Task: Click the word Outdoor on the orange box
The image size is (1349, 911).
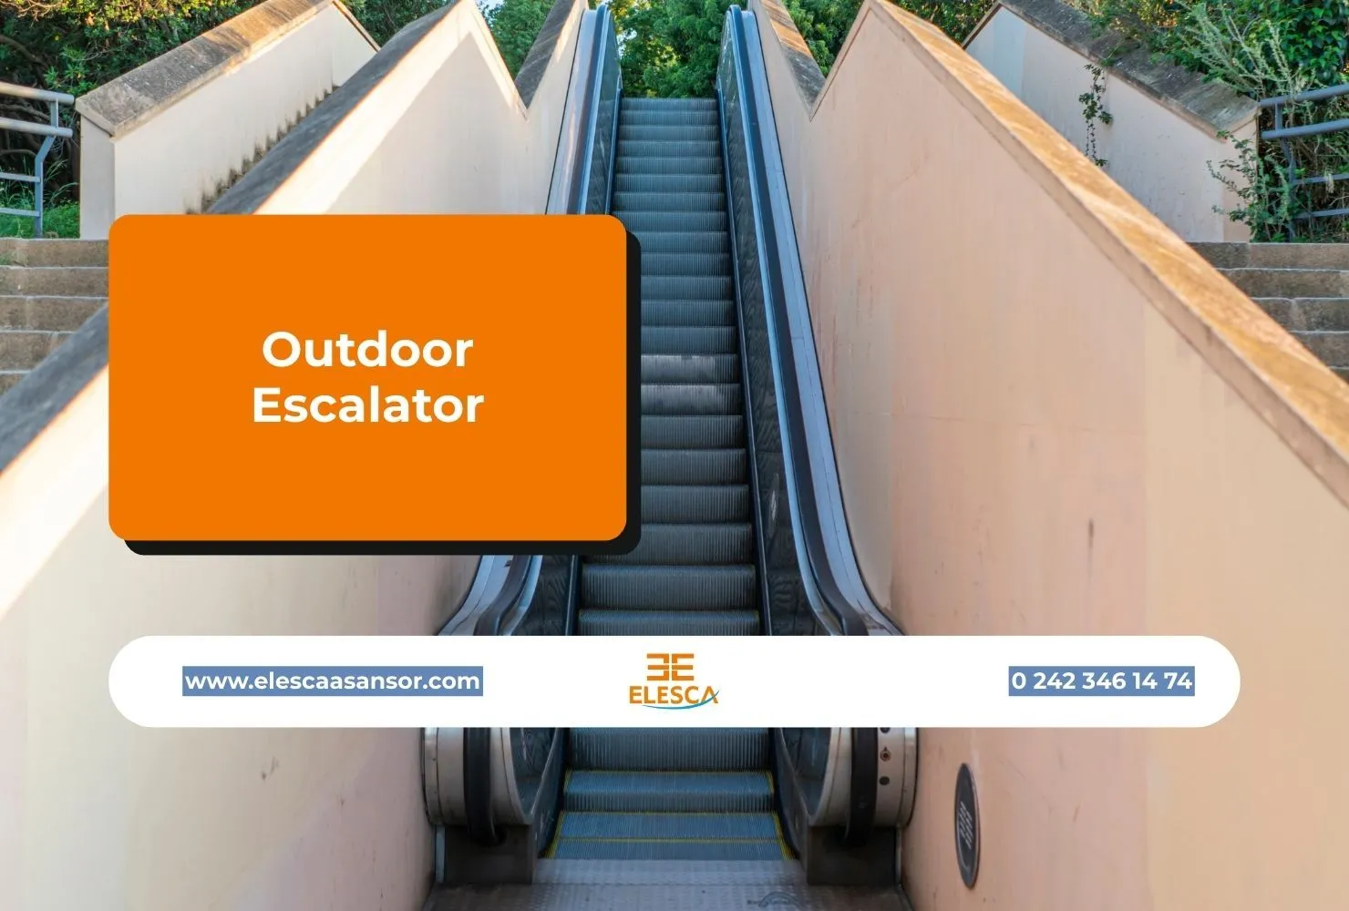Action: tap(367, 349)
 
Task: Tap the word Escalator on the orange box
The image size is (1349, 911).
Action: tap(367, 405)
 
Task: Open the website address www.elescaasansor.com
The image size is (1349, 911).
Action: tap(333, 681)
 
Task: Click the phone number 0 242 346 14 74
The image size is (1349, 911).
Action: tap(1101, 681)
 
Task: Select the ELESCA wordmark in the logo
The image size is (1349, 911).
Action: tap(673, 695)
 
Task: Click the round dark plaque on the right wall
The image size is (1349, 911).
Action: tap(967, 824)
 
